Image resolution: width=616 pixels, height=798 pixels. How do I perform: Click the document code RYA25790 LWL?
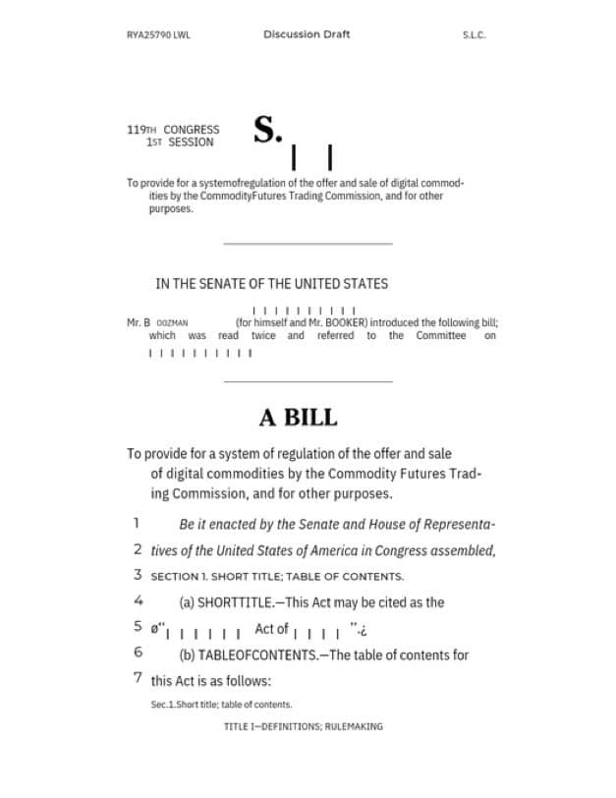[x=158, y=35]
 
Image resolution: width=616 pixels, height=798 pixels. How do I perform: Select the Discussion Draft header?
[x=307, y=34]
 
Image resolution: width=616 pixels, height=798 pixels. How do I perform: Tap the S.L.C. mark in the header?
[x=474, y=35]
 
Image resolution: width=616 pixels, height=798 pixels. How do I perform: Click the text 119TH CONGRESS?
[x=173, y=130]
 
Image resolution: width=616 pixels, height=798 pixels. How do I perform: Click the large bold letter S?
[x=267, y=130]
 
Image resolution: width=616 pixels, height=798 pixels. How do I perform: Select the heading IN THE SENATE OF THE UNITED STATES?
[x=271, y=284]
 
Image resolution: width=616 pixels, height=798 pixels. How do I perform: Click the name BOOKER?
[x=343, y=322]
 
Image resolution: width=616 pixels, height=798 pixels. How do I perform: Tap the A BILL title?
[x=298, y=418]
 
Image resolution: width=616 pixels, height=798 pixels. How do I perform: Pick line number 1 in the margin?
[x=138, y=524]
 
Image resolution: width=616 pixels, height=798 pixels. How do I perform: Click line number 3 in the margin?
[x=138, y=575]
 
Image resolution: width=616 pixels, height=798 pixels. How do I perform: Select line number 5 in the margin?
[x=138, y=627]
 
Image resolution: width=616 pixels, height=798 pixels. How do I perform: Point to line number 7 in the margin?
[x=138, y=678]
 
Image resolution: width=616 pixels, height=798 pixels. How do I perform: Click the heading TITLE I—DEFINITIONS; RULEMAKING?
[x=303, y=727]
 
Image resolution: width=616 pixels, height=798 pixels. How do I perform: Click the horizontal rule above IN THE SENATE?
[x=308, y=243]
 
